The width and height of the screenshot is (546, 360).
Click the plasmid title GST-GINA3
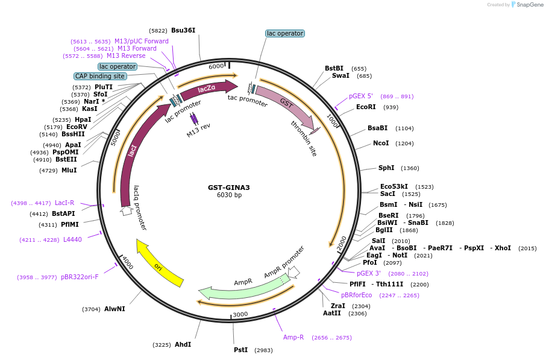[x=229, y=188]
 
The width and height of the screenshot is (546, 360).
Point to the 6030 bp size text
[x=229, y=195]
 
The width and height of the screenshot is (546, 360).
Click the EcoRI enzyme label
[x=366, y=107]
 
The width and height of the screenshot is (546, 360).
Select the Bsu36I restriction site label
[x=183, y=30]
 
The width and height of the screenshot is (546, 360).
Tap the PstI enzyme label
[x=240, y=350]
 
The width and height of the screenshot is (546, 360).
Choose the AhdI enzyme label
[x=183, y=344]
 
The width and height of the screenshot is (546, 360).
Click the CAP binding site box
[x=100, y=77]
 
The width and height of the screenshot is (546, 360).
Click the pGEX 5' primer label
[x=361, y=96]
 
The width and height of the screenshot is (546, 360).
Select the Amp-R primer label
[x=293, y=337]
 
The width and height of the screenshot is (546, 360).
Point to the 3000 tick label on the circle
[x=240, y=314]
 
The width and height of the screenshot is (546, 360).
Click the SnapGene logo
[x=525, y=5]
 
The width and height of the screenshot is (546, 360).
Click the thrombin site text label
[x=304, y=138]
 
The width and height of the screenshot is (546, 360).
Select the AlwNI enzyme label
[x=115, y=309]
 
